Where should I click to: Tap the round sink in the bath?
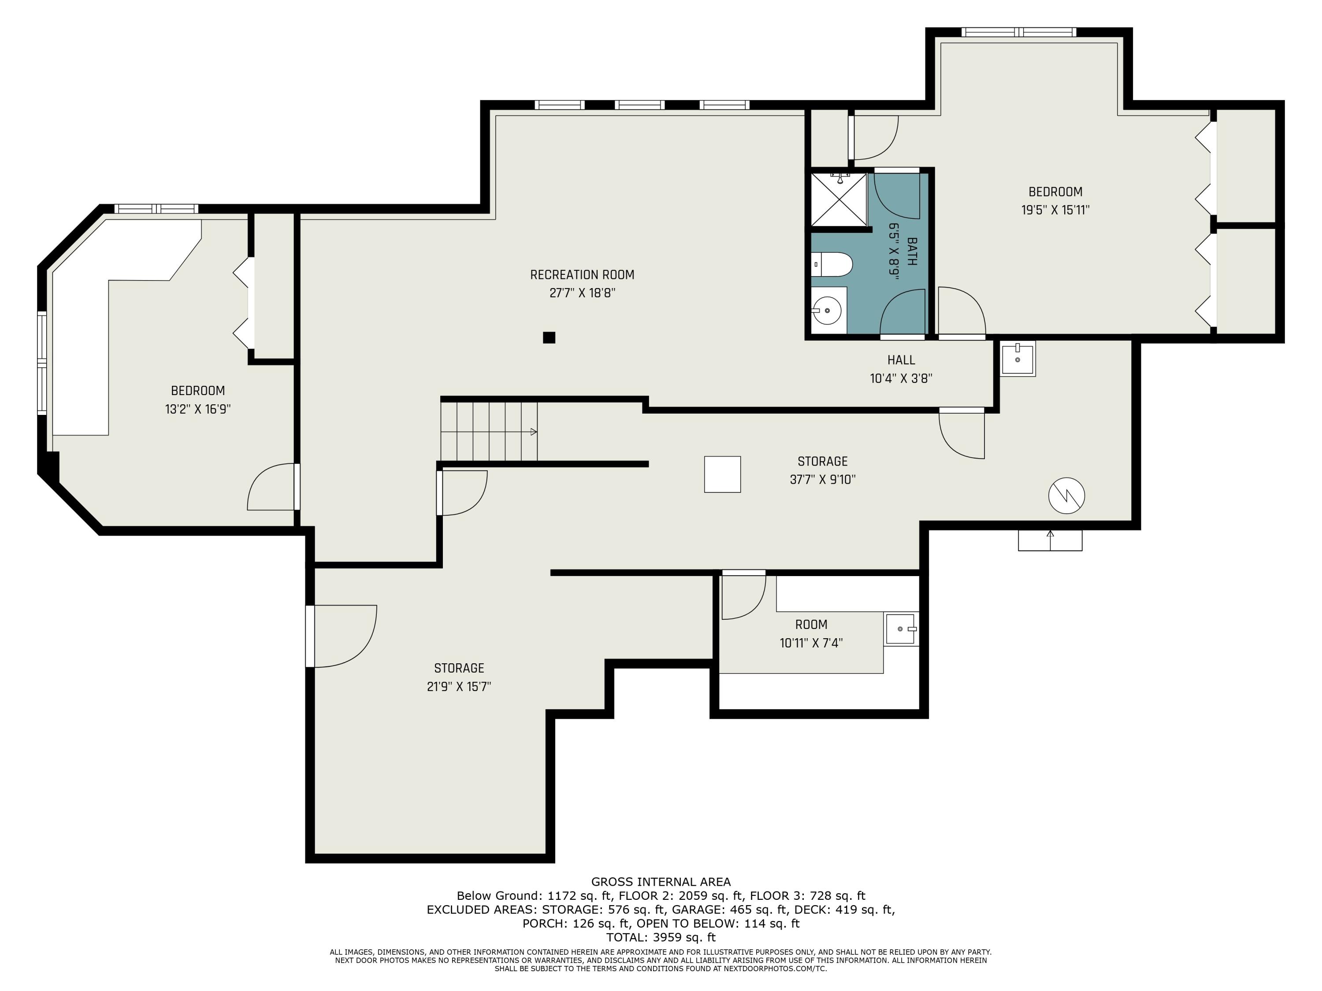[x=829, y=310]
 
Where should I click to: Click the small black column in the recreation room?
[x=549, y=337]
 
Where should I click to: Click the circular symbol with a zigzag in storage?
[x=1066, y=495]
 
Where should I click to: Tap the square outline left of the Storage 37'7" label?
[x=722, y=474]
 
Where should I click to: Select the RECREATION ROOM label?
[x=582, y=275]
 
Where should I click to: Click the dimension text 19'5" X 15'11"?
[x=1055, y=210]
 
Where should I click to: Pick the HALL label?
[x=901, y=360]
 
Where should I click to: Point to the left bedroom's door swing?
[x=272, y=488]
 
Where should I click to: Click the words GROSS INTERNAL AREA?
[x=661, y=882]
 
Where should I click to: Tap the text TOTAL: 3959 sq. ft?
[x=661, y=937]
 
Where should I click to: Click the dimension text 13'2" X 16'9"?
[x=198, y=409]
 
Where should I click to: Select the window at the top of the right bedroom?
[x=1018, y=32]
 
